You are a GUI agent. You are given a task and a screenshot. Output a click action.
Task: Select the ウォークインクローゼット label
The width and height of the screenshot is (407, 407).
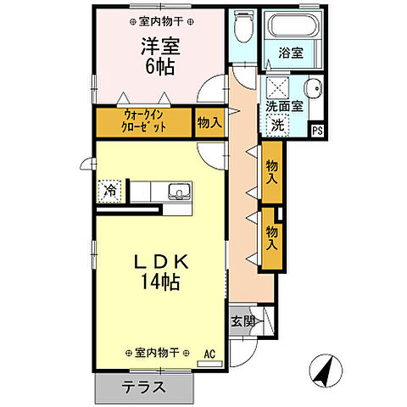(142, 121)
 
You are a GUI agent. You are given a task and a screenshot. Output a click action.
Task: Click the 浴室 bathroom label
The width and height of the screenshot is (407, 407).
(292, 53)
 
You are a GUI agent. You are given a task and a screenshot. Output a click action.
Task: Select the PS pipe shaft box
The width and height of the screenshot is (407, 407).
(317, 130)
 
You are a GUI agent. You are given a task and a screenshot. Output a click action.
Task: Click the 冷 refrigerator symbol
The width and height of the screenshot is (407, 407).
(109, 191)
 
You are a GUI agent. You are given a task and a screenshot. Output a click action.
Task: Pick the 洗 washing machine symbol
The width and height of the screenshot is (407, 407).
(276, 125)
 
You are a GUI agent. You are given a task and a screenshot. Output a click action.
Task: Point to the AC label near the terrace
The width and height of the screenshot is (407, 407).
(209, 352)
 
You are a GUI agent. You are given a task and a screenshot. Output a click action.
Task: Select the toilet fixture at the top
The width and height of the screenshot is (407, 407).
(243, 28)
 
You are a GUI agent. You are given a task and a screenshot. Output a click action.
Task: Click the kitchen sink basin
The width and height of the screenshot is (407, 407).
(178, 190)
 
